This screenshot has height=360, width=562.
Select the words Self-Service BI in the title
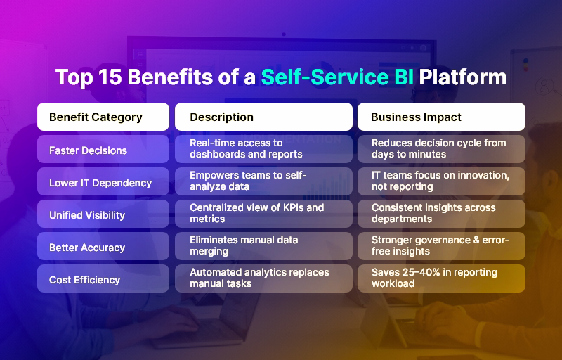(336, 77)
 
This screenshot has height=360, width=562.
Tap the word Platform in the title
(462, 77)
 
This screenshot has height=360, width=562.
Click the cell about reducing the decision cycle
(441, 149)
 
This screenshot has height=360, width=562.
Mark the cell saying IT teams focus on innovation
(441, 181)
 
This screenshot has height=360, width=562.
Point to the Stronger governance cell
(441, 246)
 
